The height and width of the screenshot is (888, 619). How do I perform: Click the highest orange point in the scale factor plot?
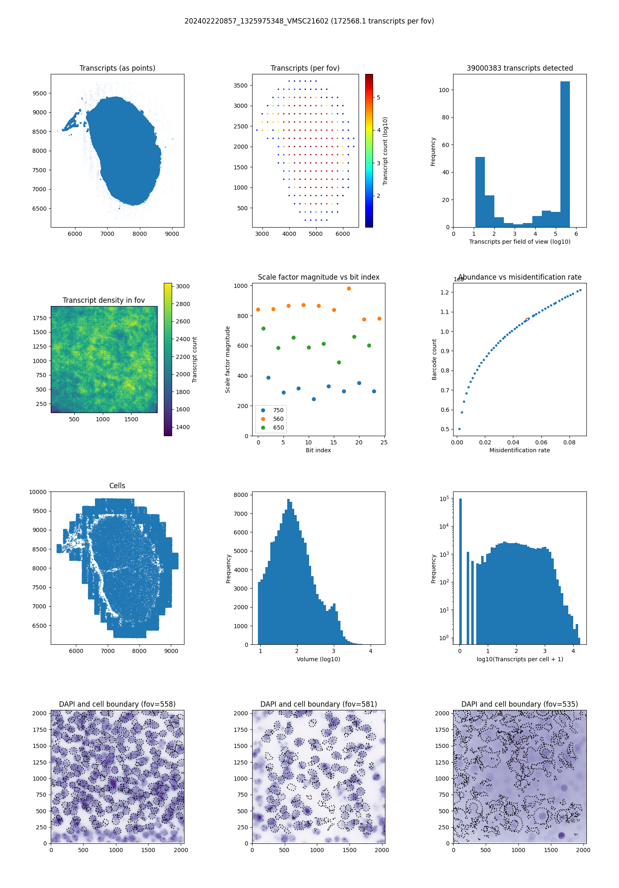(x=349, y=289)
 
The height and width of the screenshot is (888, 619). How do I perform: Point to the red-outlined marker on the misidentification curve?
(x=527, y=319)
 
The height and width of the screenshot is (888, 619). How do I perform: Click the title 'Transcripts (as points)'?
(x=117, y=68)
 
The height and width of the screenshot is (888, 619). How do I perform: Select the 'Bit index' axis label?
(x=318, y=450)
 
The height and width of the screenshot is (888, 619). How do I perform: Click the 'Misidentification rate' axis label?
(x=520, y=450)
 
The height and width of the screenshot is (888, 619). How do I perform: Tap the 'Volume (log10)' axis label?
(x=318, y=659)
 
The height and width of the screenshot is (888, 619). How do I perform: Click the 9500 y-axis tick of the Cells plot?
(x=40, y=511)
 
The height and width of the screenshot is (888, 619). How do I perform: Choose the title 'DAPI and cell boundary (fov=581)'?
(x=319, y=704)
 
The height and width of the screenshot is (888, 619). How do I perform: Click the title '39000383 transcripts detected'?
(x=520, y=68)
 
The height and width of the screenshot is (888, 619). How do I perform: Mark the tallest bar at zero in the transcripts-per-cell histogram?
(x=460, y=570)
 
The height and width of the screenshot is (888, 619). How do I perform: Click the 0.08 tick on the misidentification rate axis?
(x=569, y=442)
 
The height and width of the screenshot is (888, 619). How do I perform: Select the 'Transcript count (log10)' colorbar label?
(x=385, y=151)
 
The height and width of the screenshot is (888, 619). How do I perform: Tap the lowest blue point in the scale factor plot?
(x=314, y=399)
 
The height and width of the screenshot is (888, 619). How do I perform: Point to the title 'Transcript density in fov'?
(x=104, y=300)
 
